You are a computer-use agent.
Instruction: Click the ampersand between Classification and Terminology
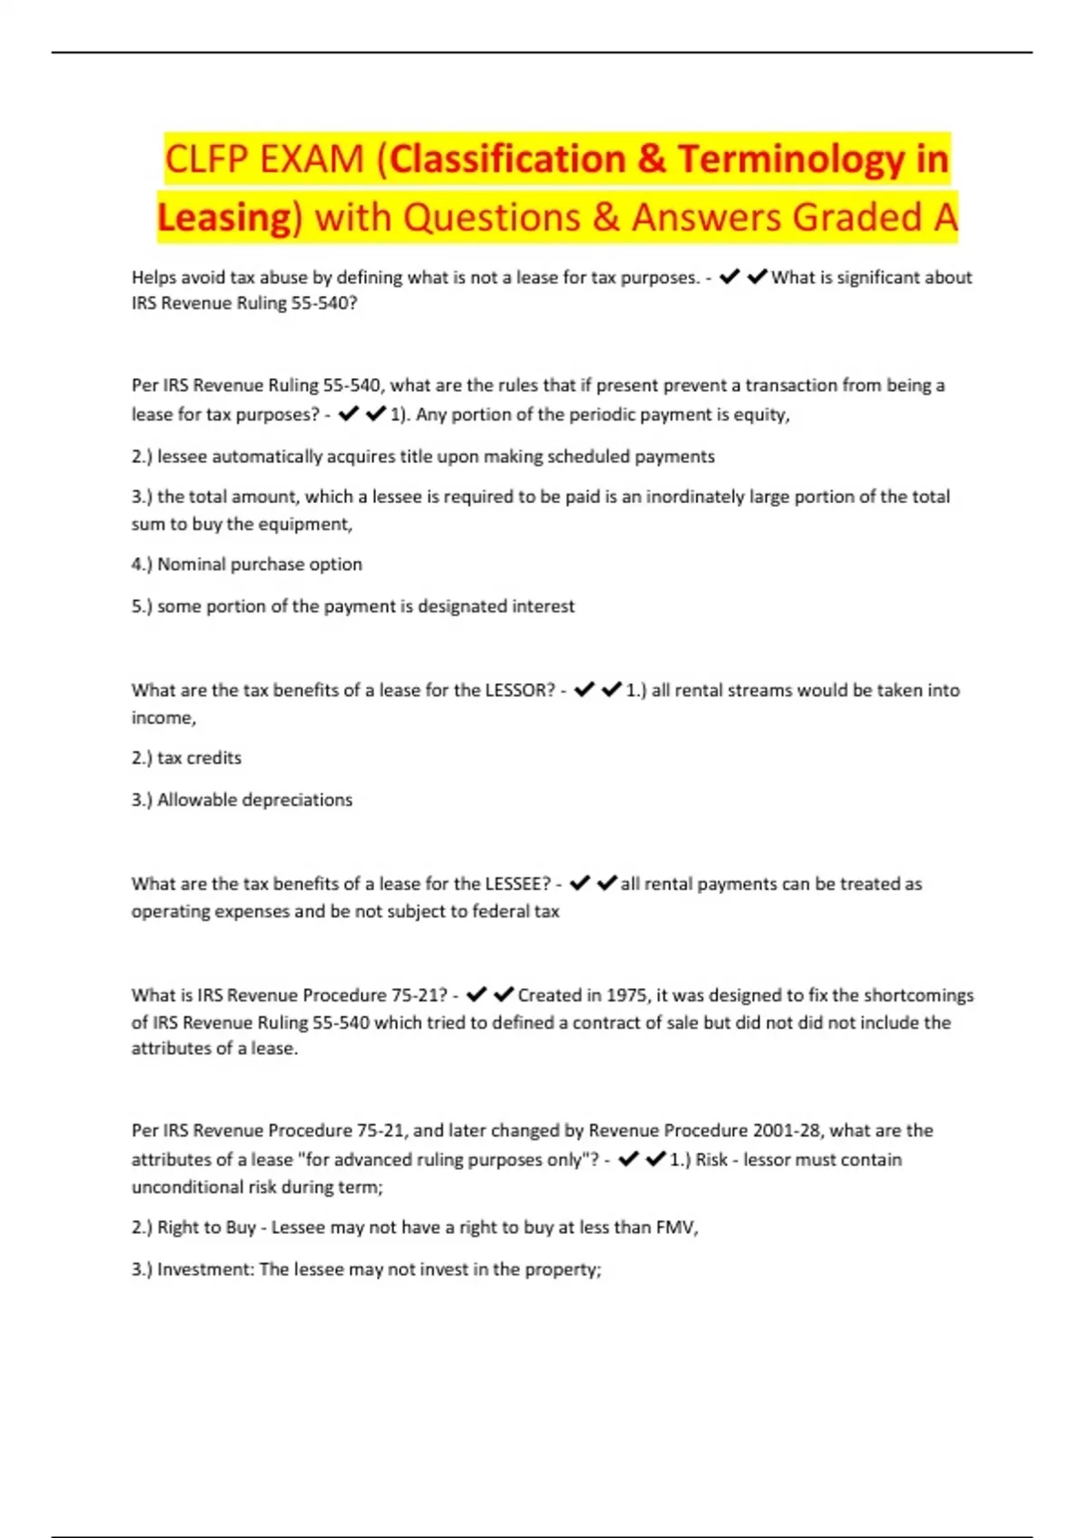coord(651,159)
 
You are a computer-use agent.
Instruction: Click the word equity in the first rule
coord(765,414)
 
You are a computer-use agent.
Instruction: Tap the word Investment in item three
coord(205,1269)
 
